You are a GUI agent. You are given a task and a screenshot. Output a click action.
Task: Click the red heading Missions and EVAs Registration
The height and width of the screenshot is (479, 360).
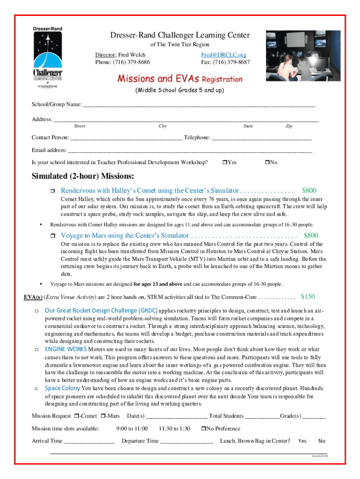coord(180,79)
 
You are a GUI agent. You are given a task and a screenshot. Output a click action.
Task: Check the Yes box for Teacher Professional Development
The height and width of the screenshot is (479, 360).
coord(224,162)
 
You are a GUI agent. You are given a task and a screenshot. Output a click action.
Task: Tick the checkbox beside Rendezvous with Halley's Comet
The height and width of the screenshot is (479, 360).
coord(53,191)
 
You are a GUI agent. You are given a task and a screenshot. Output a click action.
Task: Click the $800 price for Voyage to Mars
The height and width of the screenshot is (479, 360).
coord(311,235)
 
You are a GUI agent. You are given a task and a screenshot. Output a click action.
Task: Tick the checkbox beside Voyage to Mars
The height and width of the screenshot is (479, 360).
coord(53,236)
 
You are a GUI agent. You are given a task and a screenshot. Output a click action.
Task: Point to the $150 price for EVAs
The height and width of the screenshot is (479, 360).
coord(308,297)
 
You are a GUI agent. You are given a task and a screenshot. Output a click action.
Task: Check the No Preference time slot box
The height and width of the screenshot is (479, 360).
coord(203,428)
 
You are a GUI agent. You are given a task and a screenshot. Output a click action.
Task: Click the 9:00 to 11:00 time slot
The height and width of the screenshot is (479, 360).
coord(132,428)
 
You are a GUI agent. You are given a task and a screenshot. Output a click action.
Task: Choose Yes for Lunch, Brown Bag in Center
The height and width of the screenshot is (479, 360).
coord(302,441)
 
